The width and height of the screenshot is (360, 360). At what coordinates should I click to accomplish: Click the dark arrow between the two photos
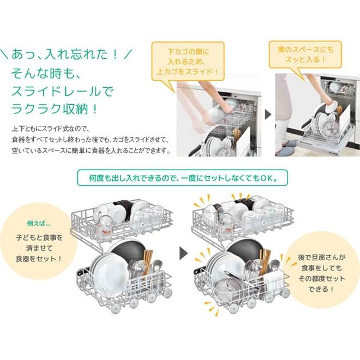pyautogui.click(x=267, y=115)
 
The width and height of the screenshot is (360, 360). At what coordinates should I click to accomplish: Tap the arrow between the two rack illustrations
pyautogui.click(x=183, y=254)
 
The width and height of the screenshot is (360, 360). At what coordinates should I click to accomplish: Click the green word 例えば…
pyautogui.click(x=39, y=223)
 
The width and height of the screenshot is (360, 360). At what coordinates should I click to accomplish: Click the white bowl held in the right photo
pyautogui.click(x=331, y=108)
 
